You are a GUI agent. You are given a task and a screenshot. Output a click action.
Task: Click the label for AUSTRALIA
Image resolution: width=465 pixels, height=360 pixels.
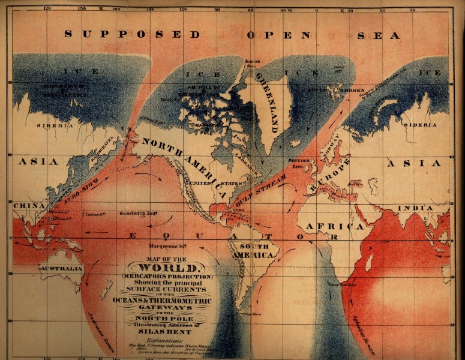point(61,269)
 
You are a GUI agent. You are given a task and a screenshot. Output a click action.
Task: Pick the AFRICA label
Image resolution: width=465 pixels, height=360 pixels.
point(335,227)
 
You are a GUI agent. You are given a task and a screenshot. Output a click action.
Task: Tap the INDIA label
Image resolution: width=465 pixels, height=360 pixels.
point(414,208)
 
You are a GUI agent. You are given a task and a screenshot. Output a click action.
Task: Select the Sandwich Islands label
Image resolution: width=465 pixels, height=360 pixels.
point(139,213)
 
